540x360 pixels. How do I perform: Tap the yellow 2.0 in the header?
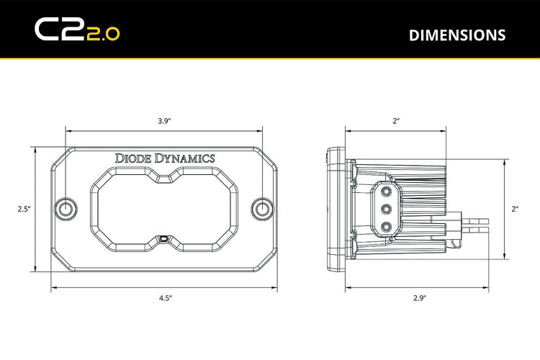(x=103, y=32)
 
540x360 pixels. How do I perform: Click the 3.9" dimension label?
(x=163, y=121)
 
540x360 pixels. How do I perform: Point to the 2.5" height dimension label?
(x=24, y=210)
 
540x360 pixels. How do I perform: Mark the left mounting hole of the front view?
(x=66, y=208)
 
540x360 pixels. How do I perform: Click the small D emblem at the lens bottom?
(x=164, y=238)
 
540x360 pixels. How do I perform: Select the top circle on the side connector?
(x=387, y=190)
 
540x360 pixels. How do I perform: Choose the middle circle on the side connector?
(x=387, y=208)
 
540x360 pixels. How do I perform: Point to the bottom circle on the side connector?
(x=387, y=225)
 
